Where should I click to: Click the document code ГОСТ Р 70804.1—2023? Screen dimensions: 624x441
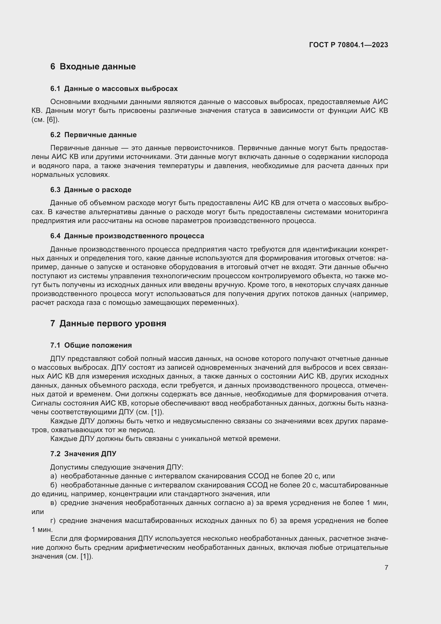click(348, 45)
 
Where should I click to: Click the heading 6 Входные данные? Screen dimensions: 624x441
click(93, 67)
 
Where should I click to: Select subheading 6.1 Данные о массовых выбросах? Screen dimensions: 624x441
click(114, 89)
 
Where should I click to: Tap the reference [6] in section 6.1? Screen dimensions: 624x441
click(51, 120)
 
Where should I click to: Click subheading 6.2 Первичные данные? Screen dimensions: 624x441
click(93, 135)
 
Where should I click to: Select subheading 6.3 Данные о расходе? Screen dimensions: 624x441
click(91, 190)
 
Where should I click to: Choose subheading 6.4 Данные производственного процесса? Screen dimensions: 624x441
click(127, 236)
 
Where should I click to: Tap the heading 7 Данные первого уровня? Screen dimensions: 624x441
click(108, 323)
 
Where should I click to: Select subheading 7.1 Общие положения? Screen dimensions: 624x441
click(91, 345)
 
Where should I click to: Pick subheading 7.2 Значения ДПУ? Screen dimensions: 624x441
click(83, 454)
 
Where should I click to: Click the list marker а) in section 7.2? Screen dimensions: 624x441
click(54, 476)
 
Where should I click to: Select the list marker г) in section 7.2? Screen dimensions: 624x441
click(53, 521)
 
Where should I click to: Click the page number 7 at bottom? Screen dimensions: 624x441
click(386, 567)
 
